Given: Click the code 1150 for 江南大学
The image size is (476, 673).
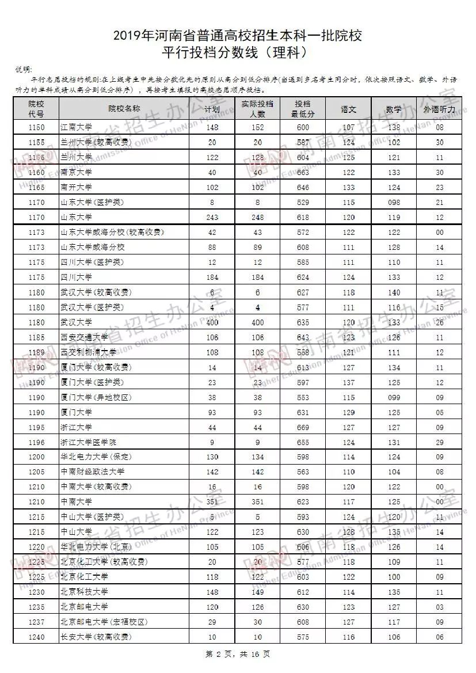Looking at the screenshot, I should (37, 127).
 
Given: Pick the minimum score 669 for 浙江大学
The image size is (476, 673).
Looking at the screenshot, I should (302, 427).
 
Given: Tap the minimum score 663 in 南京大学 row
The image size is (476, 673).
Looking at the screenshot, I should (302, 172).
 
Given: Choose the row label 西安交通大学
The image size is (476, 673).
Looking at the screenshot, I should (84, 337).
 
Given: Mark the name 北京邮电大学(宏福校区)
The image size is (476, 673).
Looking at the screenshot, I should (104, 622).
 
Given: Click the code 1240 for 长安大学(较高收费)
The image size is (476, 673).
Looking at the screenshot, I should (37, 637).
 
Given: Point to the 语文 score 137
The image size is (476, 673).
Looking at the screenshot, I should (348, 382).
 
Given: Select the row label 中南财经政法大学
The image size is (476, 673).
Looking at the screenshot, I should (92, 472).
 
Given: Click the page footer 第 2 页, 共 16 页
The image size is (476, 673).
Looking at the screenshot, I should (238, 654).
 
